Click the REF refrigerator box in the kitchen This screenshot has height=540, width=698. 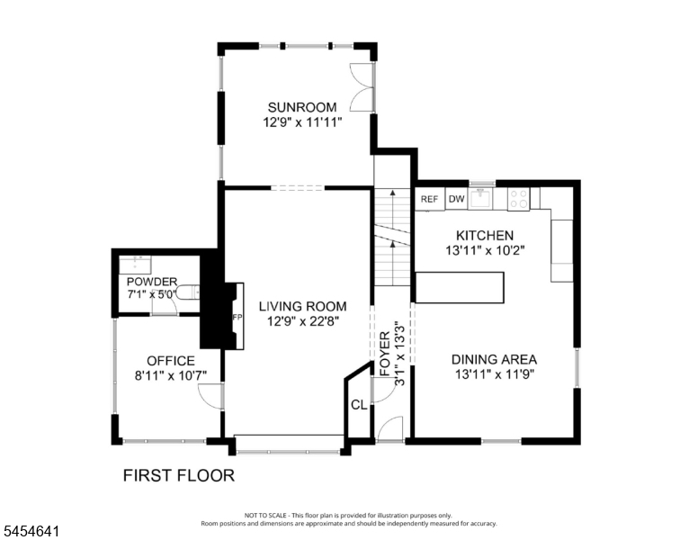(430, 199)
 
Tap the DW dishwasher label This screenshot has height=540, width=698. (456, 199)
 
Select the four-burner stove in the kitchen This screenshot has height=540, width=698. (518, 199)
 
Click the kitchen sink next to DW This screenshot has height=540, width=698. (480, 199)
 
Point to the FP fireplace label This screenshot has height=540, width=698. (237, 317)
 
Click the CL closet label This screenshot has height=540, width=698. (359, 405)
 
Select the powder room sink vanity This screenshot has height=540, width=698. (135, 265)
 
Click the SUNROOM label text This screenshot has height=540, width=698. (302, 107)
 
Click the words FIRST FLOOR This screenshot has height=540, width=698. (178, 475)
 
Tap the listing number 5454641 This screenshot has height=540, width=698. (31, 531)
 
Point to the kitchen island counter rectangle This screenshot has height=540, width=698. (460, 288)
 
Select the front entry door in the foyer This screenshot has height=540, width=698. (389, 429)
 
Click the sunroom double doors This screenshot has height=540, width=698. (362, 87)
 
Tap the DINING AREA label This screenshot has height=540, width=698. (494, 360)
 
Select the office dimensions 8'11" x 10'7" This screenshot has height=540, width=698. (171, 375)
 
